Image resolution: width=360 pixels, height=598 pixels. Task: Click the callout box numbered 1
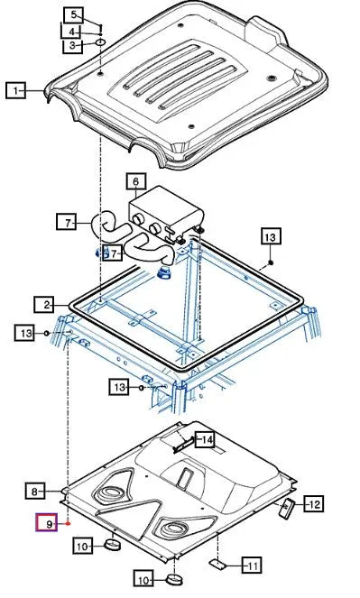15,91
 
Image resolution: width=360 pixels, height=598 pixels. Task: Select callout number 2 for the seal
44,304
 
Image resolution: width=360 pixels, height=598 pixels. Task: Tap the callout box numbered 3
72,46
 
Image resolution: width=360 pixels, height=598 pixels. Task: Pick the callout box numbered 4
71,32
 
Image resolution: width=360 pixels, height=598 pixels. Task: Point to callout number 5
73,15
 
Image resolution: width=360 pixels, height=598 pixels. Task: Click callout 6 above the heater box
136,181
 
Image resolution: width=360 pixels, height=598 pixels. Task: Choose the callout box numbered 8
35,491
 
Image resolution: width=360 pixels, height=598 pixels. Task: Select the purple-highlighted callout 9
47,523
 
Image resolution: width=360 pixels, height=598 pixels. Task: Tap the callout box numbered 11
252,565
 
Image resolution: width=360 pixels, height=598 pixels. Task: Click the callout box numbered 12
313,504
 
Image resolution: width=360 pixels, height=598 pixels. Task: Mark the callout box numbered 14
205,440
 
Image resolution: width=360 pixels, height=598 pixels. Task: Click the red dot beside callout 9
68,524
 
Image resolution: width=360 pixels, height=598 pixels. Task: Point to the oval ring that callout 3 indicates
99,41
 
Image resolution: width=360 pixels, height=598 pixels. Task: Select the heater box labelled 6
164,216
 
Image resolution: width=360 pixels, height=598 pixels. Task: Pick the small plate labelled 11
217,564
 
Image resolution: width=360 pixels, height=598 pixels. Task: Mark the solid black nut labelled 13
271,262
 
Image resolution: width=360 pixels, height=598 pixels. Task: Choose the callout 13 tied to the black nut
271,236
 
